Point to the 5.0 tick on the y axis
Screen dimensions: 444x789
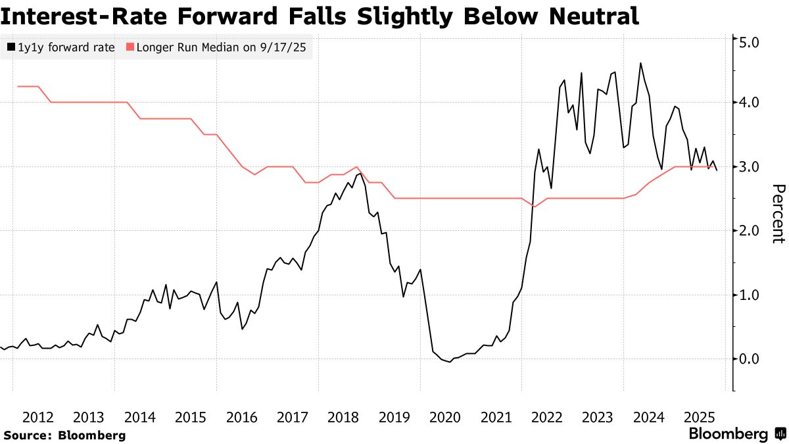click(x=750, y=43)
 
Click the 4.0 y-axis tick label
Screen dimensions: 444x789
click(x=750, y=103)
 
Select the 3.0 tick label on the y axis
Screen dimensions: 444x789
click(x=750, y=166)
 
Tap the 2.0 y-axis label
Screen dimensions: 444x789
click(x=750, y=230)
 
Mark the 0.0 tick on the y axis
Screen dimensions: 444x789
click(x=750, y=358)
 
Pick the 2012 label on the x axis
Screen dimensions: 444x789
click(x=38, y=417)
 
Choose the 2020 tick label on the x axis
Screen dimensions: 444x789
click(x=444, y=417)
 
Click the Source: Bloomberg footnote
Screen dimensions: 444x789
click(x=64, y=435)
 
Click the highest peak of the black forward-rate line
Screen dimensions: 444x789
click(x=640, y=63)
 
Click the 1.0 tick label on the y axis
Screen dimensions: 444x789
click(x=750, y=295)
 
